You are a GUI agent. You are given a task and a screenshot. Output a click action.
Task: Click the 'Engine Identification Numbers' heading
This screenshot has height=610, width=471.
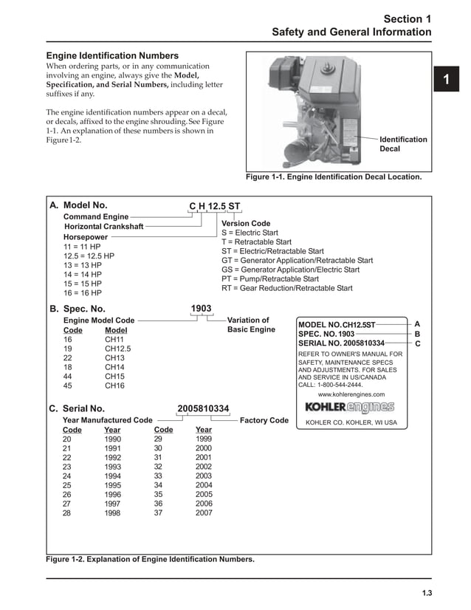[x=112, y=55]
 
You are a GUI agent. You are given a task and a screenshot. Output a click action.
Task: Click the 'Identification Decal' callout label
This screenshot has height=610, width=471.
[x=403, y=144]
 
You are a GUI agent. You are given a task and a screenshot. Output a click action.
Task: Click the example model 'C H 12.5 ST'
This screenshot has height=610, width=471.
[x=215, y=205]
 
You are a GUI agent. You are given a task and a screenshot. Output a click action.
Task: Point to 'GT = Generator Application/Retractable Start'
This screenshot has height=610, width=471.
[x=297, y=261]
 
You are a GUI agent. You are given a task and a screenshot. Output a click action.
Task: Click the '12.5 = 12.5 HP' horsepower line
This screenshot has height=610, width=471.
[x=89, y=256]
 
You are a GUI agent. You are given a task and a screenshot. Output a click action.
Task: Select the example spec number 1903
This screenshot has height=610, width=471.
[x=201, y=308]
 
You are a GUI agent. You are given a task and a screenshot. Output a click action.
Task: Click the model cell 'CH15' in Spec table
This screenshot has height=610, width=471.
[x=114, y=376]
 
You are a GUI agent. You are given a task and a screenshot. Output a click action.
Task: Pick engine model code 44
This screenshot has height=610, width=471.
[x=68, y=376]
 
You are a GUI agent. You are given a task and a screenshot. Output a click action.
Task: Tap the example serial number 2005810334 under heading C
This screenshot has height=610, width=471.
[x=203, y=408]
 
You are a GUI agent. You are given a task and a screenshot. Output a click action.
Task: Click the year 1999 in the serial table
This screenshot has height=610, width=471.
[x=203, y=439]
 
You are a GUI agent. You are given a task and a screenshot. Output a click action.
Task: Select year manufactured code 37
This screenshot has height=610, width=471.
[x=158, y=513]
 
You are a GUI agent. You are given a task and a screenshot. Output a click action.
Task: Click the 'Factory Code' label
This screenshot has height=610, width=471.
[x=264, y=420]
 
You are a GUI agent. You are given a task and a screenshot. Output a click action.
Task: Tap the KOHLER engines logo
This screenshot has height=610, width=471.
[x=350, y=407]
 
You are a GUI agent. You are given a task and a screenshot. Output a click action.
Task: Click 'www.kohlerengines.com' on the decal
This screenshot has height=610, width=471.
[x=351, y=394]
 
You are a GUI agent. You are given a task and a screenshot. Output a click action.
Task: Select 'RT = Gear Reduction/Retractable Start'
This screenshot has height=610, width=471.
[x=286, y=288]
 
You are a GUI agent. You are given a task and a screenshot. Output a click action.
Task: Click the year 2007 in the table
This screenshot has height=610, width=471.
[x=203, y=513]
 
